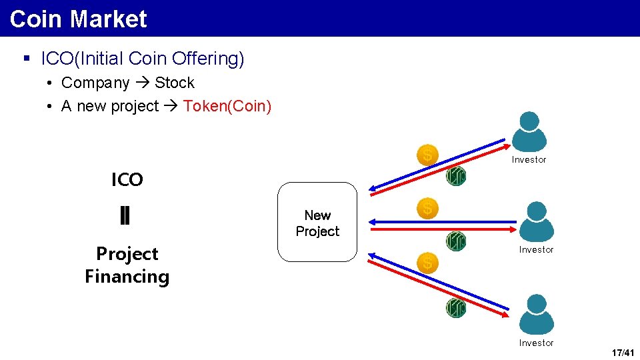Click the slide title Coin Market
(x=78, y=19)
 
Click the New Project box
(x=317, y=223)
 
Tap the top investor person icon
(x=529, y=131)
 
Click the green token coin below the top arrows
(x=456, y=176)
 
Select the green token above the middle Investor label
(x=456, y=241)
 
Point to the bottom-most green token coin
(x=456, y=307)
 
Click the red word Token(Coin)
(x=227, y=107)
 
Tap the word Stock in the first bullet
(x=175, y=83)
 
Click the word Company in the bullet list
(x=95, y=83)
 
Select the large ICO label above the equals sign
(x=127, y=180)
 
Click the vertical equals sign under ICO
(x=125, y=216)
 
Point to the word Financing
(x=127, y=277)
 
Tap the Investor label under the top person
(x=529, y=160)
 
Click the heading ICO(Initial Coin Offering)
(x=143, y=59)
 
